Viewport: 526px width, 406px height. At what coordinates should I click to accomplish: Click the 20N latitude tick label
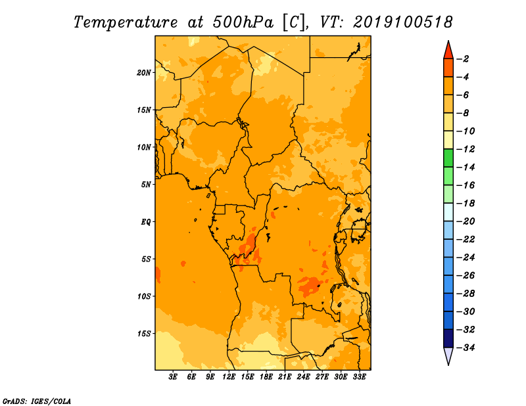point(144,73)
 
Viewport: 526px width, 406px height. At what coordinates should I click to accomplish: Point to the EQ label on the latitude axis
point(146,222)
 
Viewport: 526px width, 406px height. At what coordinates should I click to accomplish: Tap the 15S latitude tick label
point(144,334)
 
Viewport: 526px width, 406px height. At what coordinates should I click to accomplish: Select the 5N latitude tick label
point(146,185)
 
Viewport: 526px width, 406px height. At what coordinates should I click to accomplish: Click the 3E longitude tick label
point(173,377)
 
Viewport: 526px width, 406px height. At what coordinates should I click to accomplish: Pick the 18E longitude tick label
point(266,377)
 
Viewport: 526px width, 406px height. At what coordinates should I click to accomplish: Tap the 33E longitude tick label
point(359,377)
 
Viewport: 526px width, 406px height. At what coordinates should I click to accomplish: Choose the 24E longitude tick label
point(303,377)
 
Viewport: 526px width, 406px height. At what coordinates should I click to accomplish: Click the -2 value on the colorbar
point(464,59)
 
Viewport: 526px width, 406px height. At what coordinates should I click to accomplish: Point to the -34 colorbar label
point(466,348)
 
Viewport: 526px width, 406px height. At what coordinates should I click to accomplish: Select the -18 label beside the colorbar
point(466,203)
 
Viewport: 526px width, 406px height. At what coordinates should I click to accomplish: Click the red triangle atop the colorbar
point(448,51)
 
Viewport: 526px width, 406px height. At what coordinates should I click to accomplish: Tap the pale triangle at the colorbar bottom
point(448,355)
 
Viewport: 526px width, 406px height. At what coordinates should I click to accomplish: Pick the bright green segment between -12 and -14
point(448,158)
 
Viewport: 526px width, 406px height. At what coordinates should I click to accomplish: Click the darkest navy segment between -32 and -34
point(448,338)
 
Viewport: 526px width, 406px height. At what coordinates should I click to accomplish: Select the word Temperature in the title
point(126,22)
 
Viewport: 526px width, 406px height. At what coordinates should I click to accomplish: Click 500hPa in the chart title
point(243,22)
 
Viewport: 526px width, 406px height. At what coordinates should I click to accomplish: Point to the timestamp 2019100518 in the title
point(403,22)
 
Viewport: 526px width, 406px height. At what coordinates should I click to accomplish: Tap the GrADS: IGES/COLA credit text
point(37,401)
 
